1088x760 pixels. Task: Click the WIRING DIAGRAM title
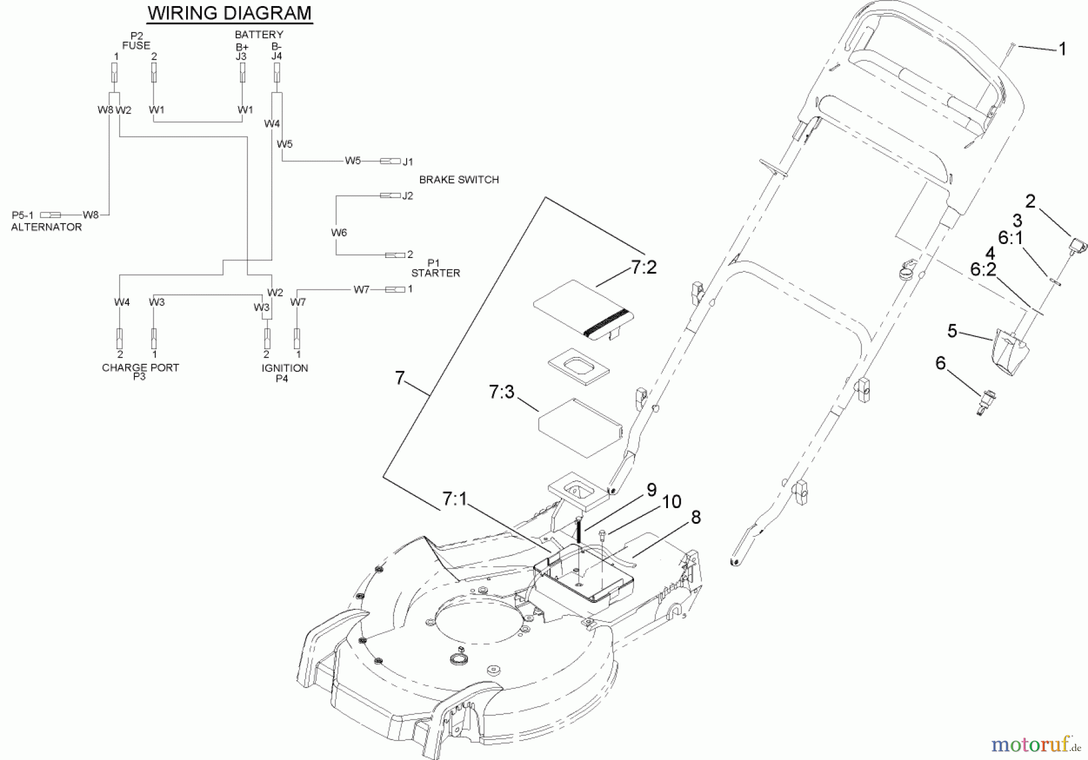pyautogui.click(x=230, y=13)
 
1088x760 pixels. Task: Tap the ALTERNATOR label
pyautogui.click(x=47, y=227)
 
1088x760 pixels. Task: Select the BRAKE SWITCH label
pyautogui.click(x=459, y=179)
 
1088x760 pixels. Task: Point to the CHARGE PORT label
pyautogui.click(x=140, y=367)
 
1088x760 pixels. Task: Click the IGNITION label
pyautogui.click(x=285, y=368)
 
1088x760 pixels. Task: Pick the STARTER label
pyautogui.click(x=435, y=273)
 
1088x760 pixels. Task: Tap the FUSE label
pyautogui.click(x=136, y=45)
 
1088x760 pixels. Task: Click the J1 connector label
pyautogui.click(x=408, y=161)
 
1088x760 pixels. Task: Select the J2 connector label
pyautogui.click(x=408, y=196)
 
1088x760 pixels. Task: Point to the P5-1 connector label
pyautogui.click(x=23, y=215)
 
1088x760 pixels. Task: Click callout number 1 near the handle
pyautogui.click(x=1062, y=49)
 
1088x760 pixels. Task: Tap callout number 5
pyautogui.click(x=952, y=331)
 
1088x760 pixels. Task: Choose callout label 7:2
pyautogui.click(x=643, y=268)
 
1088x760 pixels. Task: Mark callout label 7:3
pyautogui.click(x=501, y=392)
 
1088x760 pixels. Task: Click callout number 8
pyautogui.click(x=696, y=518)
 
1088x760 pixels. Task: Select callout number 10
pyautogui.click(x=672, y=502)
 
